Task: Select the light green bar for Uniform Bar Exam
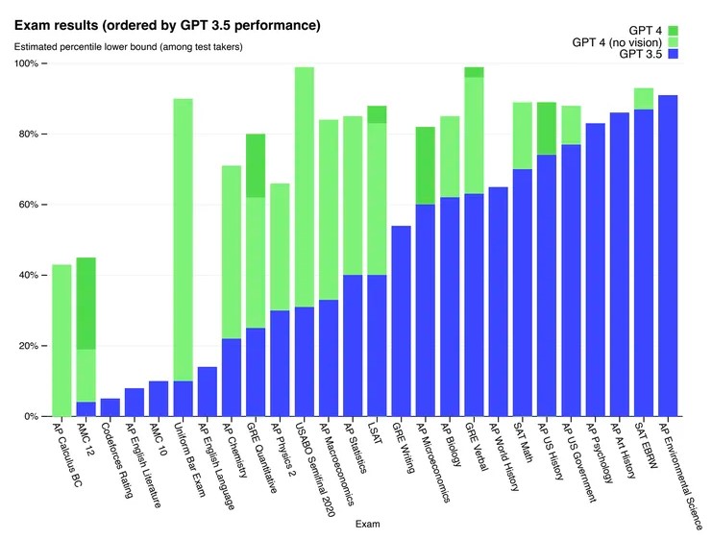tap(183, 240)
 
